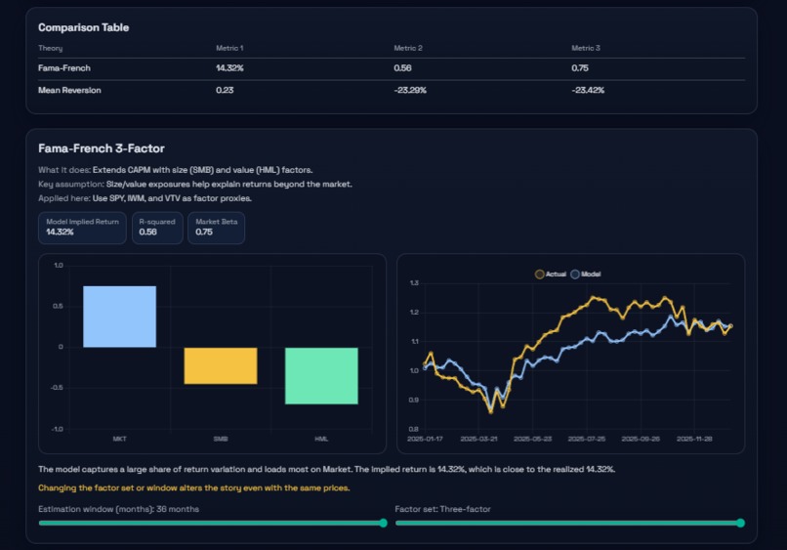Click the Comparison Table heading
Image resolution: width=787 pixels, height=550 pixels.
coord(83,27)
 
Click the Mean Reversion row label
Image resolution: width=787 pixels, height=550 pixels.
coord(69,90)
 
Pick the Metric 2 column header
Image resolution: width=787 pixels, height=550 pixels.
coord(408,48)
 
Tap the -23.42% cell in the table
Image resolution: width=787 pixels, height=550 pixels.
coord(588,90)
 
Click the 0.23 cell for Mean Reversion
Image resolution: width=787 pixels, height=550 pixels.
coord(225,90)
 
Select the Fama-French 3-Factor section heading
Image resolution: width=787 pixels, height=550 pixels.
coord(101,148)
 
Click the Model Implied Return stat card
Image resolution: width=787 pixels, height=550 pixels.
coord(82,228)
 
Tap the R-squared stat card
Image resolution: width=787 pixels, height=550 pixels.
coord(157,228)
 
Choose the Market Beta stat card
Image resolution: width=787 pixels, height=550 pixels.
coord(216,228)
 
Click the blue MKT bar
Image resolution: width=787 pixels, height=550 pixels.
coord(119,317)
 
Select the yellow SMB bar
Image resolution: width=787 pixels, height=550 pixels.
coord(221,365)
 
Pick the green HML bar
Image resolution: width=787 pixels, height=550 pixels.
coord(322,375)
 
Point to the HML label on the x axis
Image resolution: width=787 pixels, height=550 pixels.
coord(322,439)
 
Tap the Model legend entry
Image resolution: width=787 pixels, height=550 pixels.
coord(586,275)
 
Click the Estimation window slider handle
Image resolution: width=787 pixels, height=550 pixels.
coord(383,523)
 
